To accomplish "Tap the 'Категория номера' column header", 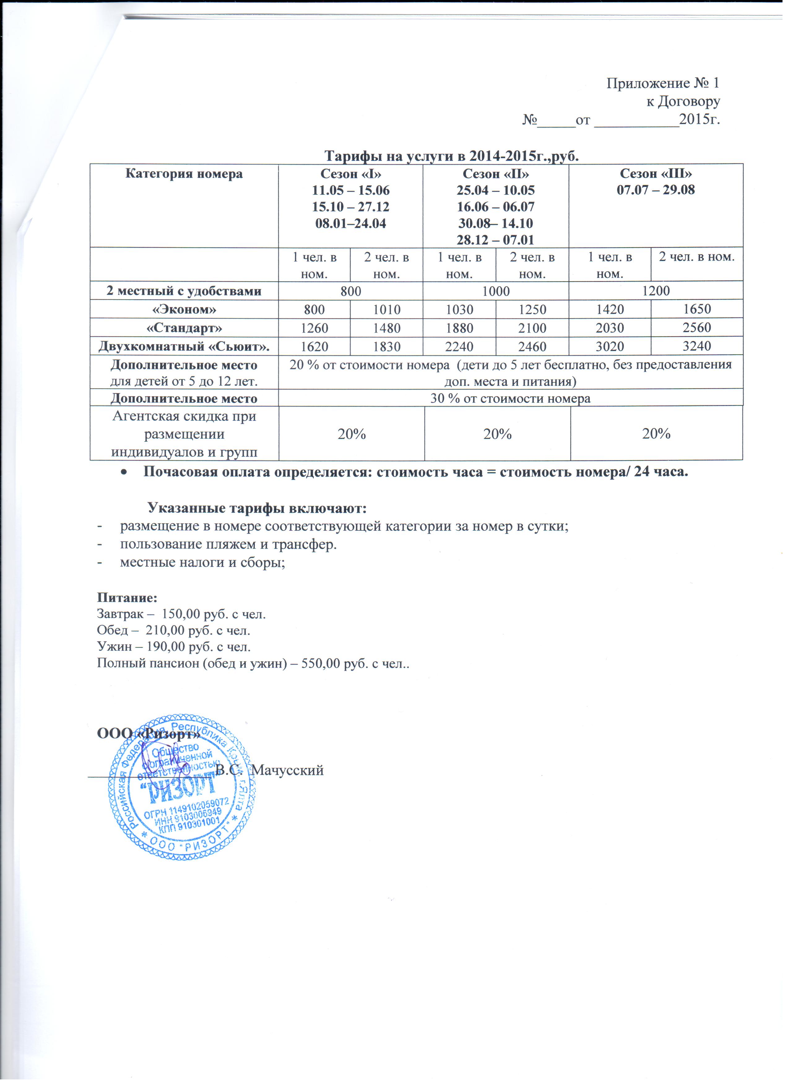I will click(184, 174).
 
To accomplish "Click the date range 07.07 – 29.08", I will click(656, 190).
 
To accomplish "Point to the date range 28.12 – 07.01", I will click(495, 240).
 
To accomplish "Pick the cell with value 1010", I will click(387, 309).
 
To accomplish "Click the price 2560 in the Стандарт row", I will click(697, 328).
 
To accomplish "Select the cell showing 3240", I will click(697, 346).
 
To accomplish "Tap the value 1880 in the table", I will click(459, 328).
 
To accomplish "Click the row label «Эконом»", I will click(184, 309).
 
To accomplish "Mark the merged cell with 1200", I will click(656, 290).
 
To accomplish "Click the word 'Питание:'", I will click(127, 598).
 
